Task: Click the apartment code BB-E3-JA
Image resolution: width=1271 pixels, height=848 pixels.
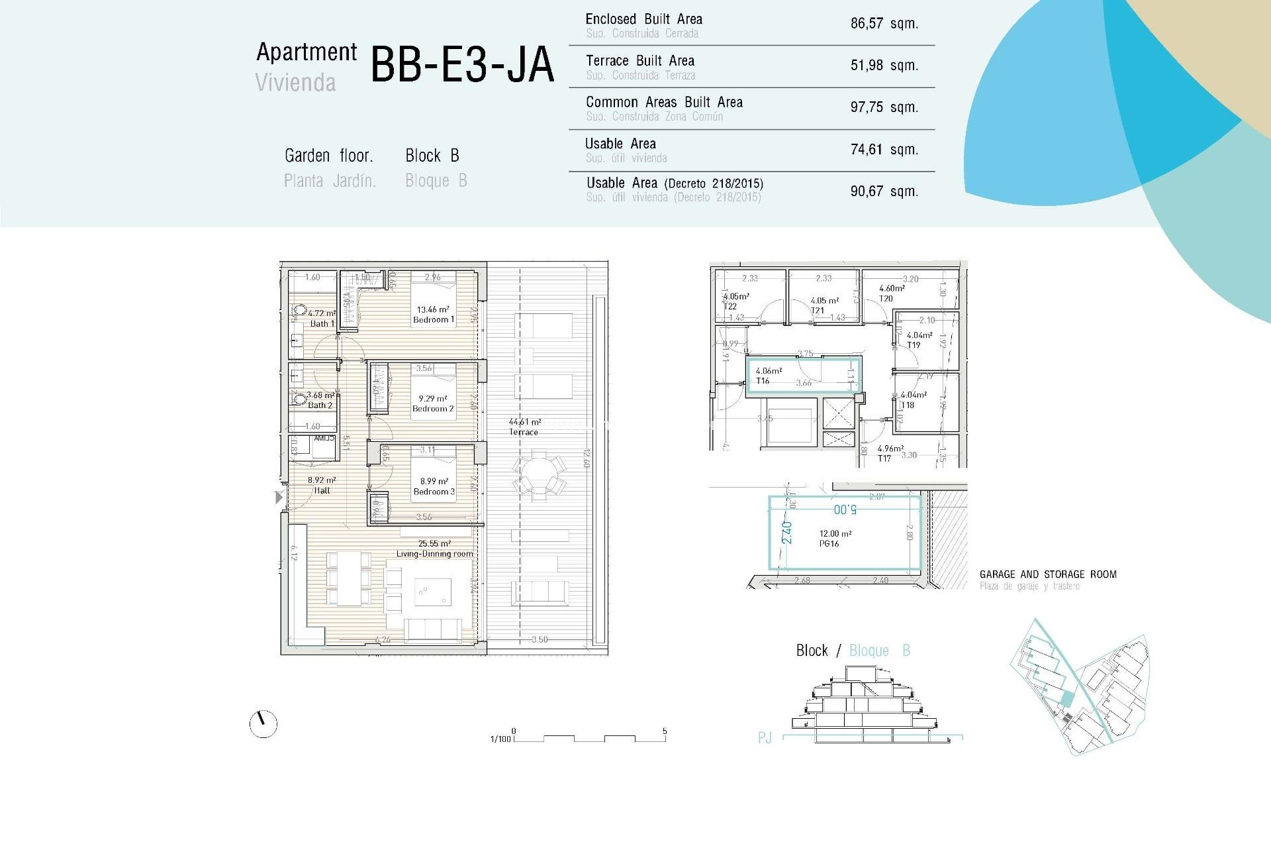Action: tap(461, 65)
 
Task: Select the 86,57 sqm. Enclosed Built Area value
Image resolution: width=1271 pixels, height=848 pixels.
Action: tap(884, 24)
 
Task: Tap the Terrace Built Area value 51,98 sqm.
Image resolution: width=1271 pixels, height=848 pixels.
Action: tap(884, 66)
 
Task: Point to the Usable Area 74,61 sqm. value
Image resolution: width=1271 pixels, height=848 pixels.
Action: tap(884, 150)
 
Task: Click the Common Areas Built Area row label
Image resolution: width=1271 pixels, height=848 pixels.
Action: tap(664, 103)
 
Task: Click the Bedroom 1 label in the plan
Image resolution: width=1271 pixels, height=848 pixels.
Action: tap(434, 319)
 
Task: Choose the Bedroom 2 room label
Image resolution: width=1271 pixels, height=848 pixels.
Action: tap(433, 409)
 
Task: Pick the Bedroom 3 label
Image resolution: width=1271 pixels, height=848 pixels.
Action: tap(434, 492)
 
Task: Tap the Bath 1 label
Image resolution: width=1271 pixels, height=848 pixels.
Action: tap(322, 323)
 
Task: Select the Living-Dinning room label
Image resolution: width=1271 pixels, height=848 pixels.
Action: tap(434, 553)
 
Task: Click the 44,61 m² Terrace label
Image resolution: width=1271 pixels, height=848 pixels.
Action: tap(524, 427)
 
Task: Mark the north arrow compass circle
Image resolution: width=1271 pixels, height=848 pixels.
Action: tap(263, 724)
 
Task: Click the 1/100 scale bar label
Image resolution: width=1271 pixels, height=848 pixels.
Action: tap(500, 739)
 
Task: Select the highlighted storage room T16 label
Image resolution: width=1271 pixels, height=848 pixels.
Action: tap(763, 381)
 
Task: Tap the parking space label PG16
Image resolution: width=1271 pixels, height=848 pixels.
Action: tap(829, 543)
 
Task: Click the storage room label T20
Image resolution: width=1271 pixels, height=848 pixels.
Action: tap(886, 299)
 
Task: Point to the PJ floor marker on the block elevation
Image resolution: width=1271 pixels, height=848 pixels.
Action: tap(765, 737)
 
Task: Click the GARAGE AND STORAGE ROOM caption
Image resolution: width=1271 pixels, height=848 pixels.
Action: tap(1047, 574)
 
